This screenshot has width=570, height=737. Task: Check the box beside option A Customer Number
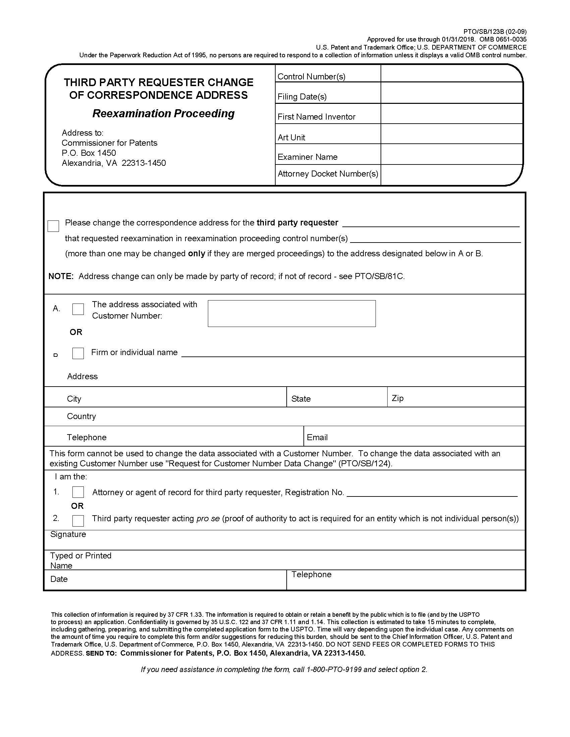click(x=78, y=309)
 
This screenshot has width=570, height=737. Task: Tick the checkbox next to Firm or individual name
click(x=78, y=353)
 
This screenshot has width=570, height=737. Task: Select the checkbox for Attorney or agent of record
click(x=78, y=492)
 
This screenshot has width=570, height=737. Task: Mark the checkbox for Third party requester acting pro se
click(x=78, y=520)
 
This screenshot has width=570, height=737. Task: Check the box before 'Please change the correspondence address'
click(x=53, y=226)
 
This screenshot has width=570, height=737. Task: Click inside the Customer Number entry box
click(x=291, y=314)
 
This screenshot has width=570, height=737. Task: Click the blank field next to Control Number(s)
click(x=452, y=74)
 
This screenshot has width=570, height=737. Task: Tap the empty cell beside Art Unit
click(x=452, y=134)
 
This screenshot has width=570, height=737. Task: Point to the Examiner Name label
click(x=307, y=157)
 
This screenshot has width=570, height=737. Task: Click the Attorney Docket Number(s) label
click(x=328, y=174)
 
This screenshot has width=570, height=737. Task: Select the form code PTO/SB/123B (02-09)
click(x=495, y=32)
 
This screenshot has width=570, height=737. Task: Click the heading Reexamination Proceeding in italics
click(x=163, y=113)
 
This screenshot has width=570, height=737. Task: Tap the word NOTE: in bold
click(x=61, y=276)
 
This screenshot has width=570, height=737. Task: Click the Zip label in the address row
click(x=397, y=398)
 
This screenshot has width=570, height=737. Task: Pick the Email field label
click(x=317, y=437)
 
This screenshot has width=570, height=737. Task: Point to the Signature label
click(x=68, y=534)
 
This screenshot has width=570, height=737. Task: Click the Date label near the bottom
click(x=59, y=579)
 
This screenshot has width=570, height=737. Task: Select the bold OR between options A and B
click(x=76, y=332)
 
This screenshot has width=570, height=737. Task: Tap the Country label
click(x=81, y=416)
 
